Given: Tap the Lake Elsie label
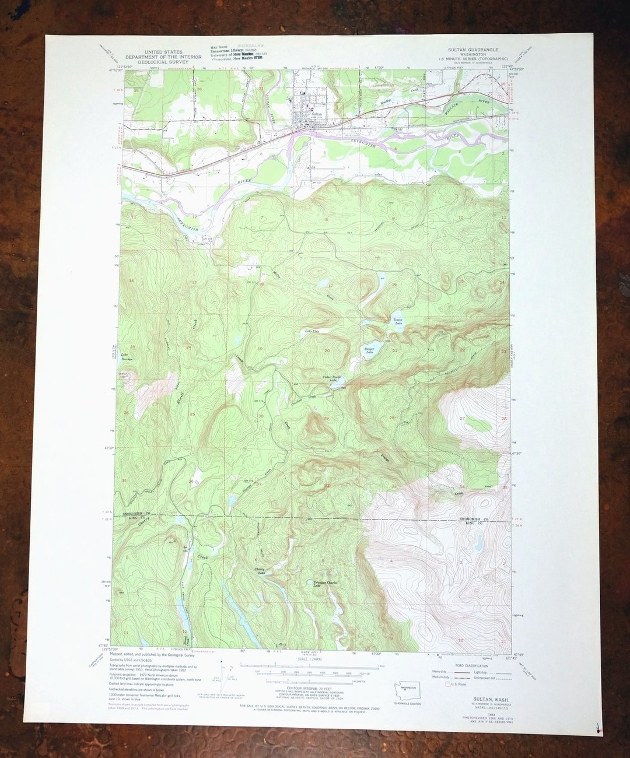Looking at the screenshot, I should (x=313, y=331).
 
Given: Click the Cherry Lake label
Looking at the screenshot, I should (x=260, y=571).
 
